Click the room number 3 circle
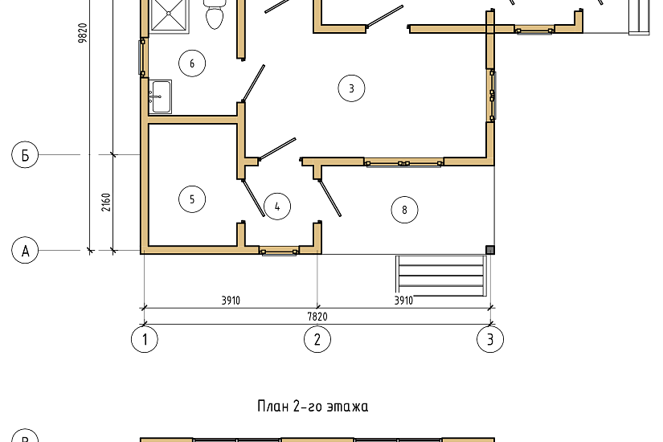(x=351, y=88)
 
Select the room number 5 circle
(x=192, y=198)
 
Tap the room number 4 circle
(x=276, y=207)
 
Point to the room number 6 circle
(x=192, y=63)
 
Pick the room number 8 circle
(x=404, y=211)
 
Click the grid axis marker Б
(x=25, y=154)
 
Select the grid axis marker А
(x=25, y=251)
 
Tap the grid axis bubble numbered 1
(x=145, y=339)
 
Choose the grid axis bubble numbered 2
(x=317, y=339)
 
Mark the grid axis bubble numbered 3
(x=490, y=339)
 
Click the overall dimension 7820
(x=317, y=317)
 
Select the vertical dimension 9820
(x=83, y=48)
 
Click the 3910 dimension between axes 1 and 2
(x=231, y=301)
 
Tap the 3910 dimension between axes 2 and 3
(x=403, y=301)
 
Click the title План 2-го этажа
(x=313, y=407)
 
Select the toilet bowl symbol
(x=215, y=14)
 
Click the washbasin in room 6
(x=160, y=96)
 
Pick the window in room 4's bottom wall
(x=279, y=252)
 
